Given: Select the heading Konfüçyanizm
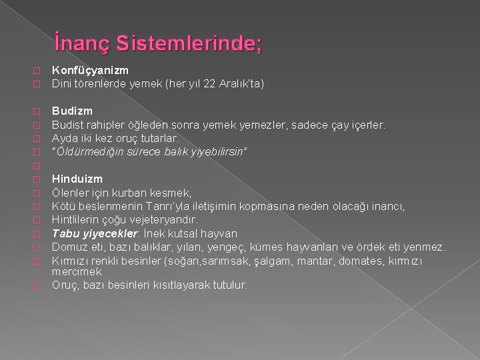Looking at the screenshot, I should [x=90, y=70].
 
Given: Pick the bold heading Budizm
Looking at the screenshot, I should [x=72, y=111].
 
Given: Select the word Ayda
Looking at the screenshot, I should [x=65, y=138].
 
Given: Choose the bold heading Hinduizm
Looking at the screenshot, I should [x=77, y=179].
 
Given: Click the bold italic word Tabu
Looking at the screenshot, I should [x=65, y=233].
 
